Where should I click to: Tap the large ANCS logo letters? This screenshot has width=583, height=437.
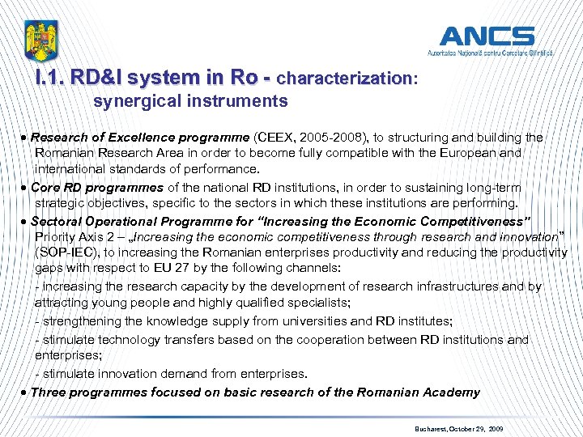[x=487, y=36]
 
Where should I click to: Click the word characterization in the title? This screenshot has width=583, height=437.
[x=344, y=78]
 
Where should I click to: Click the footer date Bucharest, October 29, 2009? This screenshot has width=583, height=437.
[x=457, y=427]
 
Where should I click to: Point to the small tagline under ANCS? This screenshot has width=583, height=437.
[x=490, y=52]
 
